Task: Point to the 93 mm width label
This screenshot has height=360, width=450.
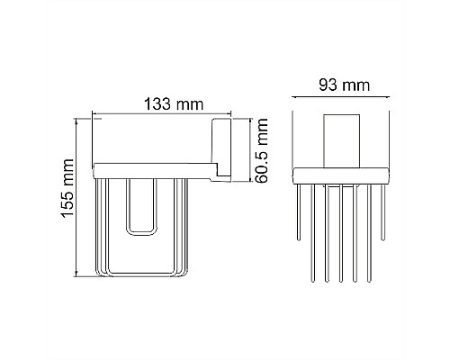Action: pyautogui.click(x=344, y=86)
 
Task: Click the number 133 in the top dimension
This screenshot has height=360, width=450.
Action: pyautogui.click(x=155, y=104)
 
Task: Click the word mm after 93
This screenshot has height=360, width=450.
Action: pyautogui.click(x=356, y=86)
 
